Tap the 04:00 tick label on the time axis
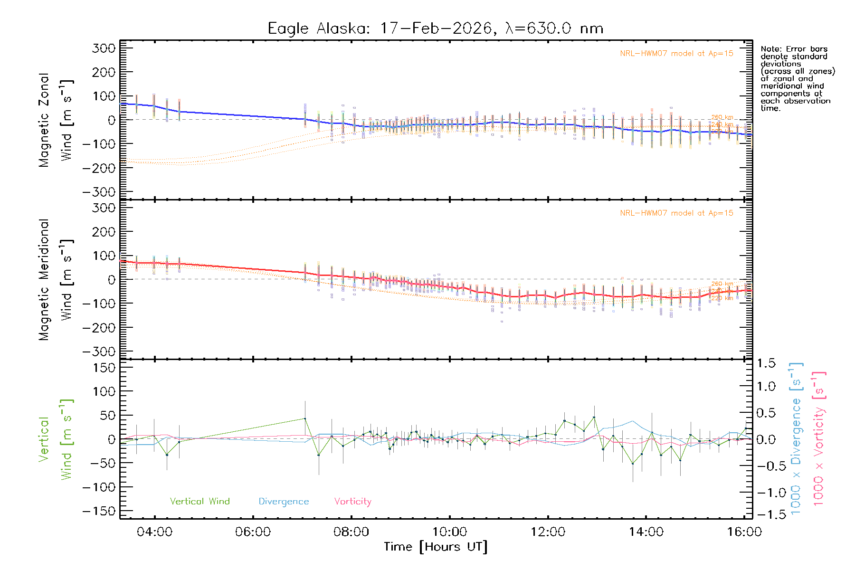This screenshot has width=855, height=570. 154,532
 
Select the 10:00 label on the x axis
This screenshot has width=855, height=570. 449,532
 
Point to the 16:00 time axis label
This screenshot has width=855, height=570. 744,532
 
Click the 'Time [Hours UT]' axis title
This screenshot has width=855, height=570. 436,547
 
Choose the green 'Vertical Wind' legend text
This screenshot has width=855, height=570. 199,502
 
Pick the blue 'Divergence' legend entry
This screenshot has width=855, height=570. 284,502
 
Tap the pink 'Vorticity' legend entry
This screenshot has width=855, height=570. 352,502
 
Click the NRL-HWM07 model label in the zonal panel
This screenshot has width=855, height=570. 676,54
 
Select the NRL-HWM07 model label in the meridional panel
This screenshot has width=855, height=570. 676,213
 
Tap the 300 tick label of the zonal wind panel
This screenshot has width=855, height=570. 104,48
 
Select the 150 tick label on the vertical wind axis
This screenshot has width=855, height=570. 104,368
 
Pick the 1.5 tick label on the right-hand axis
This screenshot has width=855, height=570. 766,363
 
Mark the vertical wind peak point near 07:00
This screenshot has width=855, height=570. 305,418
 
